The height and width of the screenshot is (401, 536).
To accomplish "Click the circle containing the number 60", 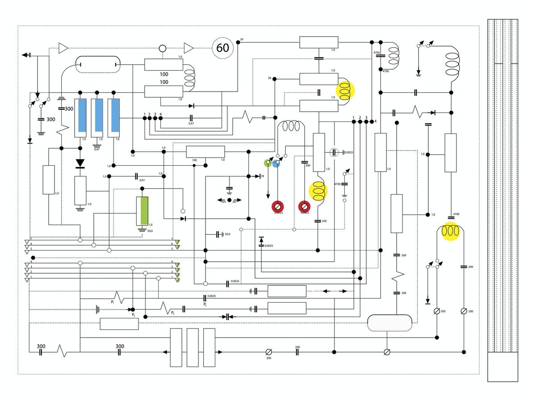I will coord(222,47).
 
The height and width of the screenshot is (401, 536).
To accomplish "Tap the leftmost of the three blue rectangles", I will coord(82,115).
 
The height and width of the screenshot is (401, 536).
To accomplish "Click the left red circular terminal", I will coord(278,206).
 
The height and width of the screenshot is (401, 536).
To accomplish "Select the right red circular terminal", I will coord(304,206).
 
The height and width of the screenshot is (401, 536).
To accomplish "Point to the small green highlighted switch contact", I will coord(268,163).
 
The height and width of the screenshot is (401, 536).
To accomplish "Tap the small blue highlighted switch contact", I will coord(276,163).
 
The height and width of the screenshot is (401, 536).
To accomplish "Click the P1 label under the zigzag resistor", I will coord(113,302).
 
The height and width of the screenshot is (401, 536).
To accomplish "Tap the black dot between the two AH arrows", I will coord(230,200).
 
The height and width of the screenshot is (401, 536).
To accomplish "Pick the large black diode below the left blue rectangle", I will coord(80,163).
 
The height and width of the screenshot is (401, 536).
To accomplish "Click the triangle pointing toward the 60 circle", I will coord(189,47).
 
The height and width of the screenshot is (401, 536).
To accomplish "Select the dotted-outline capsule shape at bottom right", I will coord(389,322).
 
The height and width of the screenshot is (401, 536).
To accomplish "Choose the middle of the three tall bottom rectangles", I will coord(193,347).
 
